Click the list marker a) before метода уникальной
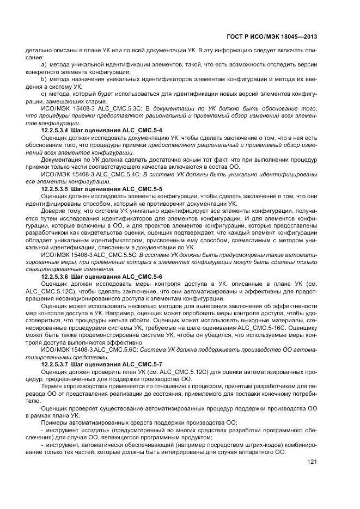(45, 65)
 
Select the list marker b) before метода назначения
(45, 79)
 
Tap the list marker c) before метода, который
(45, 94)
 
